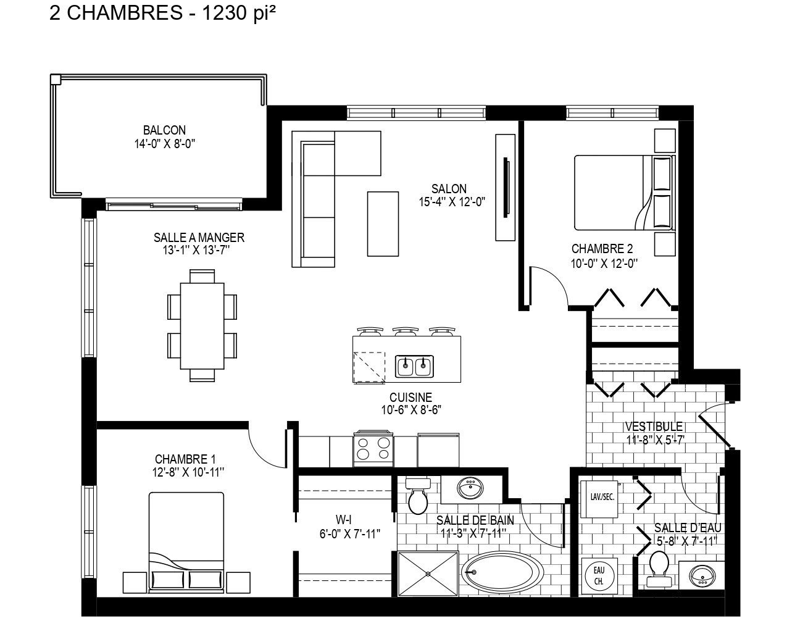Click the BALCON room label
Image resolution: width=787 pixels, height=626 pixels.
click(164, 130)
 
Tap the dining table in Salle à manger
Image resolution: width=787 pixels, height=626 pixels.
click(202, 325)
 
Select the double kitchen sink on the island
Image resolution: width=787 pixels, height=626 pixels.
click(414, 367)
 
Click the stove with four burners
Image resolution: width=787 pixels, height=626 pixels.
click(374, 449)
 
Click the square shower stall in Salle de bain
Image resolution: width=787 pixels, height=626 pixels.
click(428, 574)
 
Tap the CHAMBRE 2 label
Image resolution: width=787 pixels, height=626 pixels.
click(602, 249)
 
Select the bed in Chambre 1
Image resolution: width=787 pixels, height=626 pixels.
click(186, 537)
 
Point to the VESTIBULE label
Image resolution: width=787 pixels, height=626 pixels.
click(654, 427)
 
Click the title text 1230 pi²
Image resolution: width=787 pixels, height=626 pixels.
click(235, 14)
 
